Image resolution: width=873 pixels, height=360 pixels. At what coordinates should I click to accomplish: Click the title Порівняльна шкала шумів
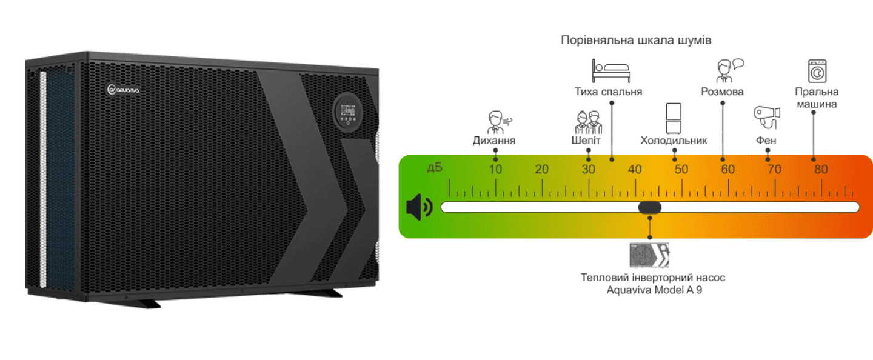pyautogui.click(x=636, y=40)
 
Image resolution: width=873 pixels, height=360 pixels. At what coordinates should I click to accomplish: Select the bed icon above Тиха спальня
pyautogui.click(x=611, y=71)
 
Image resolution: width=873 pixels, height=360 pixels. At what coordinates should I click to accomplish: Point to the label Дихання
pyautogui.click(x=494, y=141)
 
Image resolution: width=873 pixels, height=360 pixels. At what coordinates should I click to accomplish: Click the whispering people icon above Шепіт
pyautogui.click(x=588, y=122)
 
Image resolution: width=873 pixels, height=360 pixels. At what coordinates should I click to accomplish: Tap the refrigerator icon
pyautogui.click(x=674, y=118)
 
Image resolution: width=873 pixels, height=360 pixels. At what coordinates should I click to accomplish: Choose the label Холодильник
pyautogui.click(x=674, y=141)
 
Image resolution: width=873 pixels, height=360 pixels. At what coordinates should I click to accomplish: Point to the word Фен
pyautogui.click(x=766, y=141)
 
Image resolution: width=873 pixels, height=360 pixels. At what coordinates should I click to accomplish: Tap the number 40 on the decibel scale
pyautogui.click(x=635, y=169)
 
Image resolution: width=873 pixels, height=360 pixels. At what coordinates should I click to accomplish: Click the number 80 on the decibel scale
pyautogui.click(x=820, y=169)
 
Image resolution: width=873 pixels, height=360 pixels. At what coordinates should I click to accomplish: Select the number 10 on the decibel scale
pyautogui.click(x=495, y=169)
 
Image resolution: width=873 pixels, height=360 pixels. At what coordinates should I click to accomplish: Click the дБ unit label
pyautogui.click(x=435, y=167)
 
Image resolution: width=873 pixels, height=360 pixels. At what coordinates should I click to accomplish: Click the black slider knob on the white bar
pyautogui.click(x=649, y=207)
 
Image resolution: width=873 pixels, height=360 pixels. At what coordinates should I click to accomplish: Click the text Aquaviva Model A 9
pyautogui.click(x=652, y=290)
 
